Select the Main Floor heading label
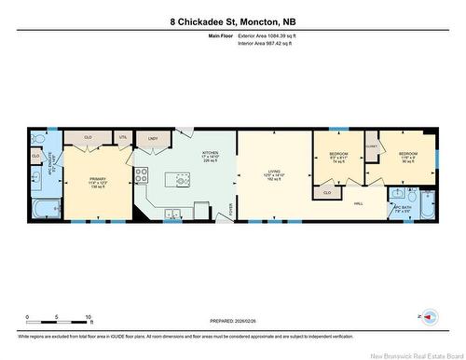(220, 35)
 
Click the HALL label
(358, 200)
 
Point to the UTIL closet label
(122, 138)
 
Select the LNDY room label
(153, 138)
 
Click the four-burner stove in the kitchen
(143, 173)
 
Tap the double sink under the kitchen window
(173, 214)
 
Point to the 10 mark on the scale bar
(88, 317)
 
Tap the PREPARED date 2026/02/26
(233, 322)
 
